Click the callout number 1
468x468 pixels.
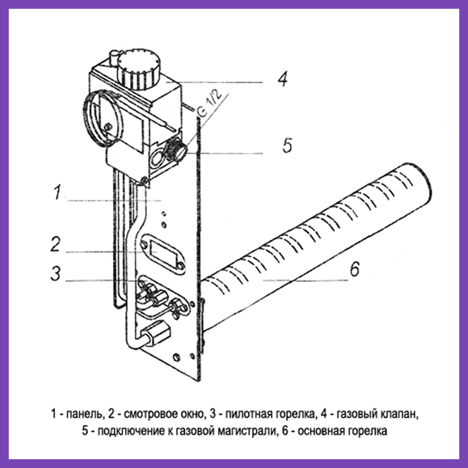[57, 192]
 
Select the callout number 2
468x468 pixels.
[56, 244]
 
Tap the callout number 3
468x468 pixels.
[56, 274]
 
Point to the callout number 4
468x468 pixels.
[283, 78]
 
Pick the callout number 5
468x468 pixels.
[287, 145]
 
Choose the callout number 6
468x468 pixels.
[354, 270]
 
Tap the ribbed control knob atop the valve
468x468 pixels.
[137, 69]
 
